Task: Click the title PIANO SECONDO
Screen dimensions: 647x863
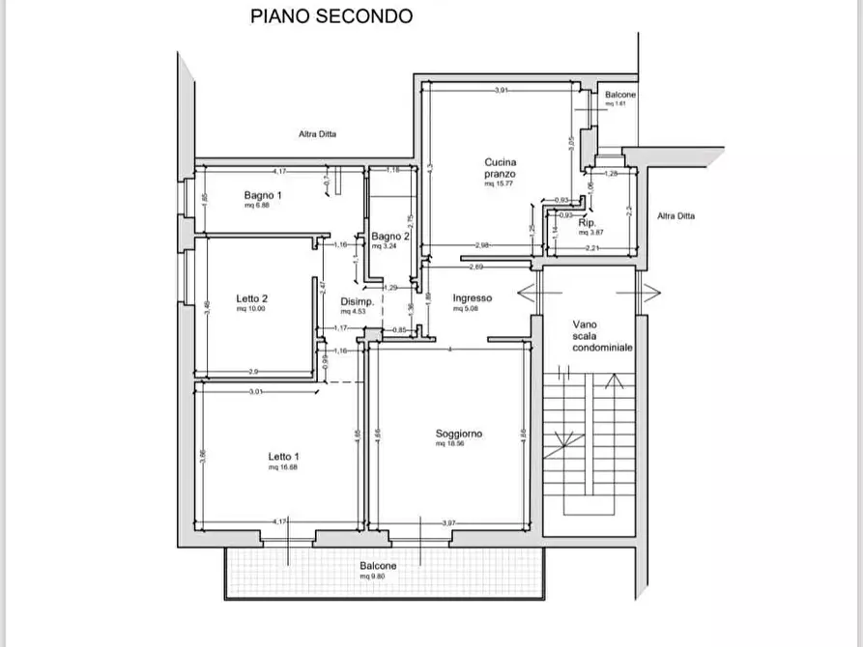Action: click(x=331, y=15)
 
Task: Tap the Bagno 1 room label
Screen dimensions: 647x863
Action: click(x=263, y=195)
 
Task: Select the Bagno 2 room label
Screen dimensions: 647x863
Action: click(x=390, y=237)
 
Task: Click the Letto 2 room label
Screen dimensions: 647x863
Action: click(x=251, y=298)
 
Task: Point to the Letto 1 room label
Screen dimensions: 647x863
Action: click(x=283, y=457)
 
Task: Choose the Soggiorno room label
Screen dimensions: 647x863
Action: click(x=458, y=434)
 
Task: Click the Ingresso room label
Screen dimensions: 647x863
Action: click(x=473, y=298)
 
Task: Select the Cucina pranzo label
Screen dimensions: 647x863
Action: click(x=501, y=168)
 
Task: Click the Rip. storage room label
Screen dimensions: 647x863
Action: click(x=587, y=222)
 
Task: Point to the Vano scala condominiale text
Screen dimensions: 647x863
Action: click(x=590, y=336)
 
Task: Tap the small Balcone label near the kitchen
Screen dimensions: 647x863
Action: click(x=619, y=96)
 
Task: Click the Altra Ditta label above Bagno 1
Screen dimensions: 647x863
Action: click(x=316, y=135)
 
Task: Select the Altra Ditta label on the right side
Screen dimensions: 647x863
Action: click(x=676, y=216)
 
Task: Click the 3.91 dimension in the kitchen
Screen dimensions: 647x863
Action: click(x=501, y=91)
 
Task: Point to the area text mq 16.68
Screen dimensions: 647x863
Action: click(x=283, y=467)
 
